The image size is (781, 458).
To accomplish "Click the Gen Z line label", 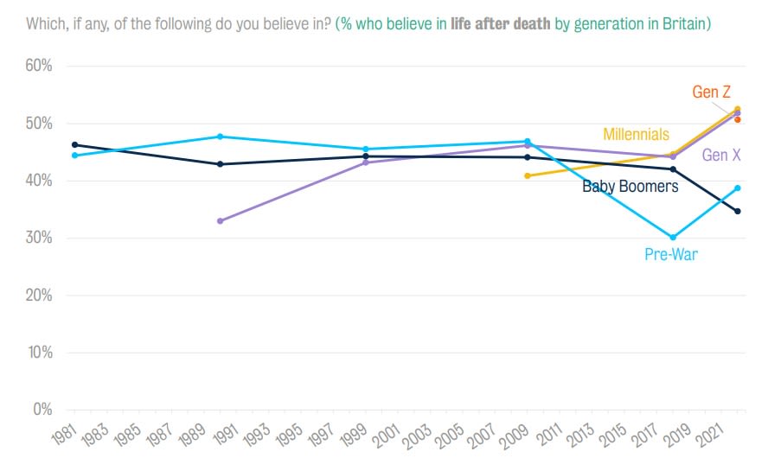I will click(x=713, y=92).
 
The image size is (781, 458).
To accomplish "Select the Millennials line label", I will click(x=636, y=134).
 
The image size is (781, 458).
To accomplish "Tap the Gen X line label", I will click(x=720, y=156).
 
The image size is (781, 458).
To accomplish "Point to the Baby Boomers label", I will click(x=630, y=186).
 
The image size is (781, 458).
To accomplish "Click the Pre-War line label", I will click(x=670, y=254).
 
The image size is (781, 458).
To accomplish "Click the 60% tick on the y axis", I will click(x=37, y=67).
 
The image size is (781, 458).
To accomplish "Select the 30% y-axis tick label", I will click(x=37, y=238).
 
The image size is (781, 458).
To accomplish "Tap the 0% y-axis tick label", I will click(x=41, y=409).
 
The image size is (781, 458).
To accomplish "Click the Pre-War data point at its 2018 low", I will click(x=673, y=237).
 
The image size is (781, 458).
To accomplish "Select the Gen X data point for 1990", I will click(x=220, y=221).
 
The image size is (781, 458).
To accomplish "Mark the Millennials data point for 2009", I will click(x=527, y=175).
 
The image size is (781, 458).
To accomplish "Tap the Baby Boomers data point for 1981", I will click(x=74, y=145).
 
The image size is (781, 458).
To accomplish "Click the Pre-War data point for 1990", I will click(x=220, y=137).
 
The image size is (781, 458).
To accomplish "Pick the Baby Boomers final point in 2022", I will click(x=737, y=212).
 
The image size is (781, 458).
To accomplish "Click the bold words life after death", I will click(x=500, y=23).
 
